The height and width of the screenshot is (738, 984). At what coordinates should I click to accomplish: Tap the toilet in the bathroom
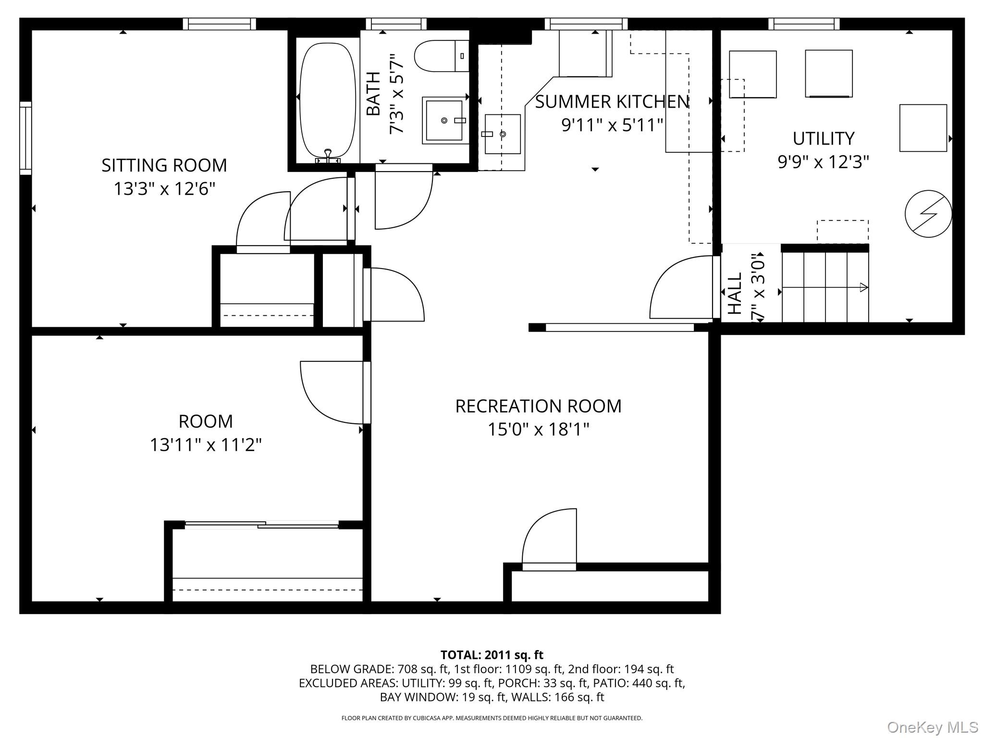coord(442,56)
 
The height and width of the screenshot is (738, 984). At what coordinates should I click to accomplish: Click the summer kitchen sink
coord(503,134)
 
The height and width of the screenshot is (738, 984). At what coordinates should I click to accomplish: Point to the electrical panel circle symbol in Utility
coord(928,214)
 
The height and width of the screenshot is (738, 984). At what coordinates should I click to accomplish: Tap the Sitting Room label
coord(164,165)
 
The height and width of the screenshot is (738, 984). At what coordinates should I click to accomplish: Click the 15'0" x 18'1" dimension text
coord(539,429)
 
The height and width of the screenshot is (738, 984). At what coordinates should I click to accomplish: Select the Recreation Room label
coord(539,406)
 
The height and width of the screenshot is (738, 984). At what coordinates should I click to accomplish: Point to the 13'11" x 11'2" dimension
coord(206,445)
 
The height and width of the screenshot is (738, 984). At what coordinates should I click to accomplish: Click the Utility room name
coord(824,138)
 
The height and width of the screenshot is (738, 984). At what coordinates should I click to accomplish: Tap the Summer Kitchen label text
coord(613,102)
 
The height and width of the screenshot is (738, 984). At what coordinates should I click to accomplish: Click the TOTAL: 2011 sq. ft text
coord(492,655)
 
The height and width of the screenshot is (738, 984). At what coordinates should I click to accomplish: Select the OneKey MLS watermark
coord(933,727)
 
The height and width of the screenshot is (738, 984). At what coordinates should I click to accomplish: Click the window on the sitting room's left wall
coord(25,138)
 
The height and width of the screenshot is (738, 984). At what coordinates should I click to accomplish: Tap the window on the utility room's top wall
coord(804,24)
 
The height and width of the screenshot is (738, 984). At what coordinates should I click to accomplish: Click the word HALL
coord(735,294)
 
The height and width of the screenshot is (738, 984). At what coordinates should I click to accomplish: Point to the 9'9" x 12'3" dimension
coord(824,162)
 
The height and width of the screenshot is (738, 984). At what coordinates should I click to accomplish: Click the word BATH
coord(373,94)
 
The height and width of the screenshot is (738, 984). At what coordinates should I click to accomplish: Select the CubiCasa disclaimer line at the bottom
coord(492,718)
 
